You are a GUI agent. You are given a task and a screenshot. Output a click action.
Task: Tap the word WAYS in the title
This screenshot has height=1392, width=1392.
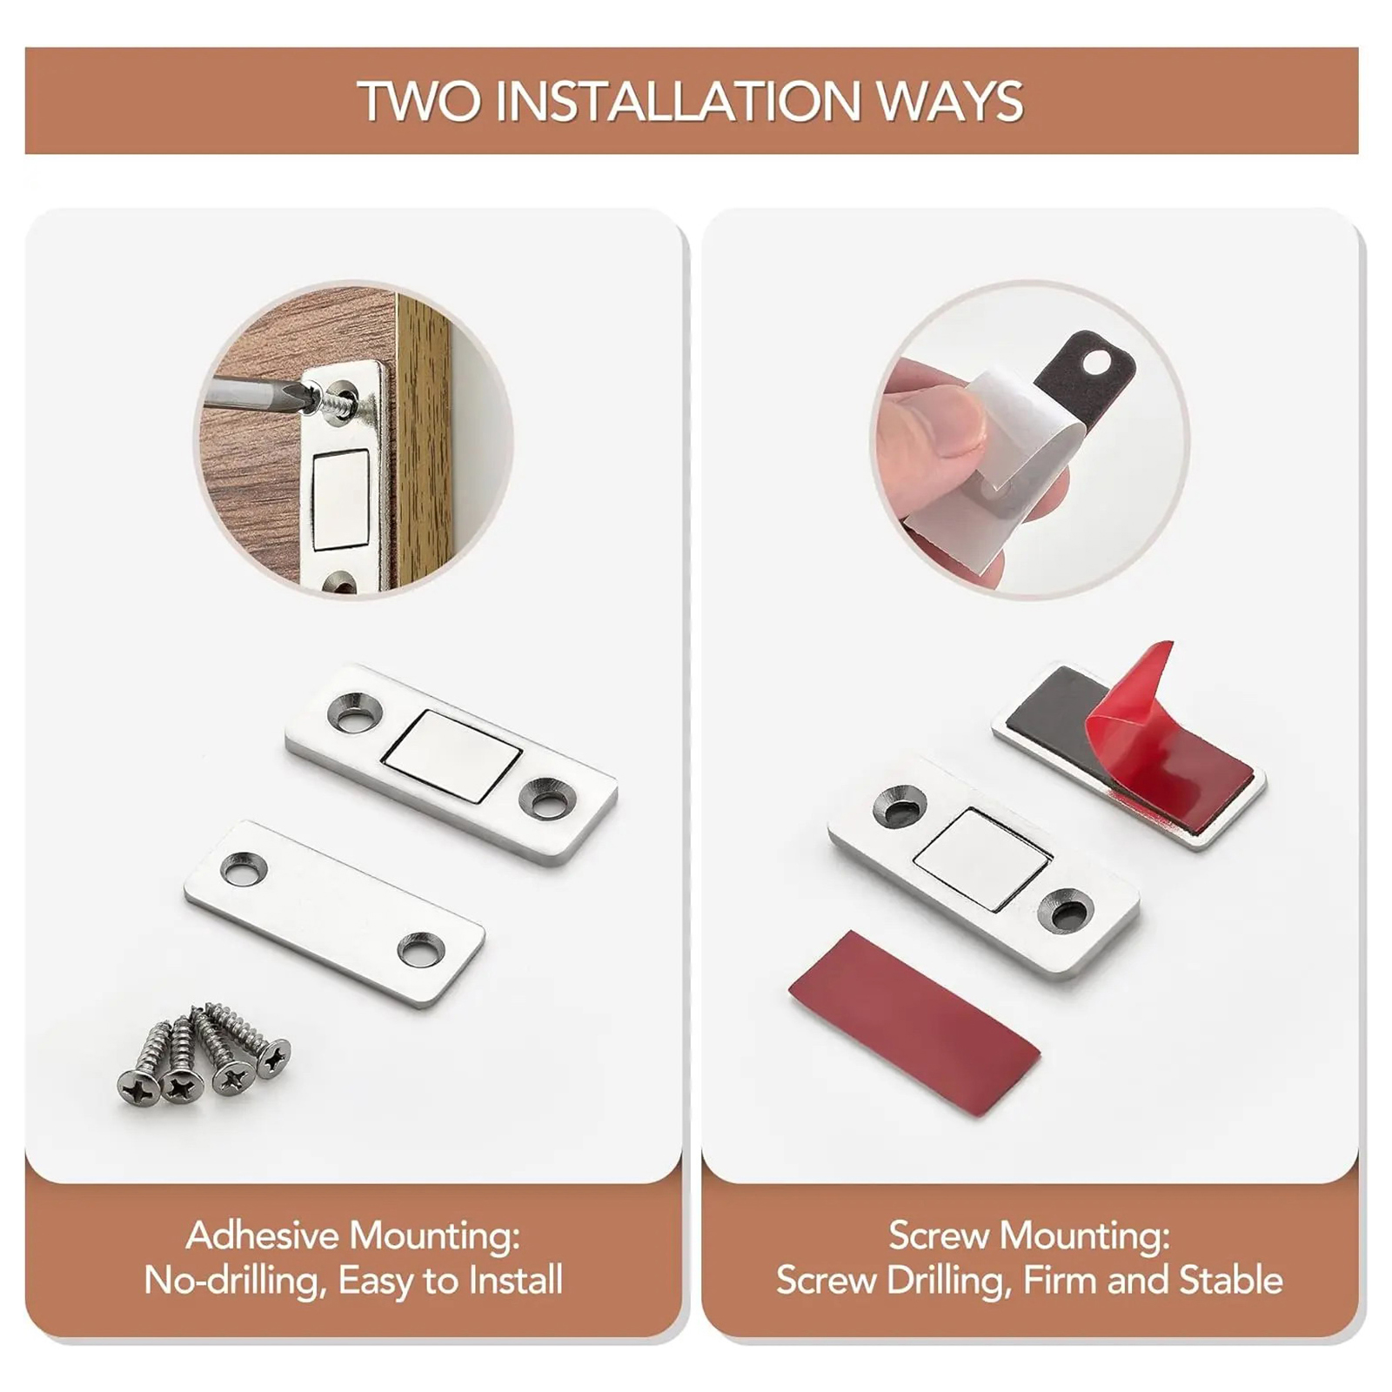point(950,101)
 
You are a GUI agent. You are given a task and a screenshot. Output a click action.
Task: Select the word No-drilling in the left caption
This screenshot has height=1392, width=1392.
point(234,1281)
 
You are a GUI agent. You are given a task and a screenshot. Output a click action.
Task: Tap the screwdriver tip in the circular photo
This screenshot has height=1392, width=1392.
point(306,397)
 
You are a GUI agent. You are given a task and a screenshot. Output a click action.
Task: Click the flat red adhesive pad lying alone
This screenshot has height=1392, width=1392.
point(914,1023)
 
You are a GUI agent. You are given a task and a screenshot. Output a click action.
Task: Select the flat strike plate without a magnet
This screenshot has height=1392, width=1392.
point(334,913)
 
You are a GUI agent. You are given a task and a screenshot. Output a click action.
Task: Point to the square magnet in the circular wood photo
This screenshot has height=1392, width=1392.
point(341,500)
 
